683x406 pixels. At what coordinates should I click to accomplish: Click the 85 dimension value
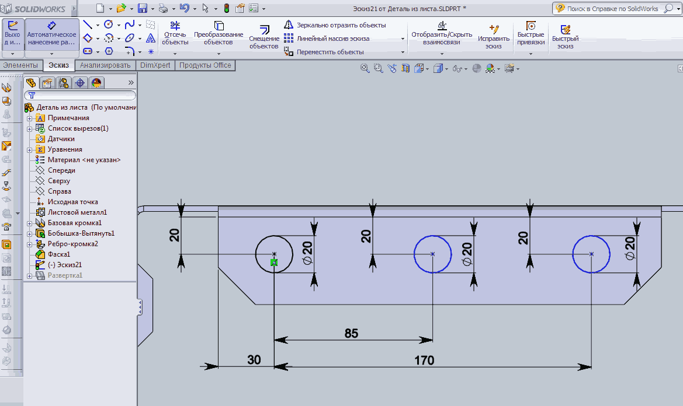pos(351,334)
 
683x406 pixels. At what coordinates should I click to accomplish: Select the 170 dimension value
pos(424,360)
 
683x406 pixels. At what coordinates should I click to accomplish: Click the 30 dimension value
pos(254,360)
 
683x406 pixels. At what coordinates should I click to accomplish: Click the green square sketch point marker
pos(274,262)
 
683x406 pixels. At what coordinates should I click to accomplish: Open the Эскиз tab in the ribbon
pos(59,65)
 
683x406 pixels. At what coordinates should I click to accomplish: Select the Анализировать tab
pos(105,65)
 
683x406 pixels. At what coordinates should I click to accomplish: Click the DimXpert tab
pos(155,65)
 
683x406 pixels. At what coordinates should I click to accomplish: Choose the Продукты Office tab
pos(205,65)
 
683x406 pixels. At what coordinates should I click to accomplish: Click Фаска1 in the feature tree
pos(59,254)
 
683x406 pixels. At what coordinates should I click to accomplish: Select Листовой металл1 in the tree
pos(77,212)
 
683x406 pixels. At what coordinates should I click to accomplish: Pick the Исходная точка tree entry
pos(73,202)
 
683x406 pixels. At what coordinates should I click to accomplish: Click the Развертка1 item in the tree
pos(65,275)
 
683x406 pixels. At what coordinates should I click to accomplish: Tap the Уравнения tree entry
pos(65,149)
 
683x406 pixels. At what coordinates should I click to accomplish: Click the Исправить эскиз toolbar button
pos(494,37)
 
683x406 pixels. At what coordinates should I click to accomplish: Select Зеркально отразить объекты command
pos(341,25)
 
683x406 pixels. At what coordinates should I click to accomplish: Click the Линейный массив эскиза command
pos(333,38)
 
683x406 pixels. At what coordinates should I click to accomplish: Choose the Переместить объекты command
pos(330,52)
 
